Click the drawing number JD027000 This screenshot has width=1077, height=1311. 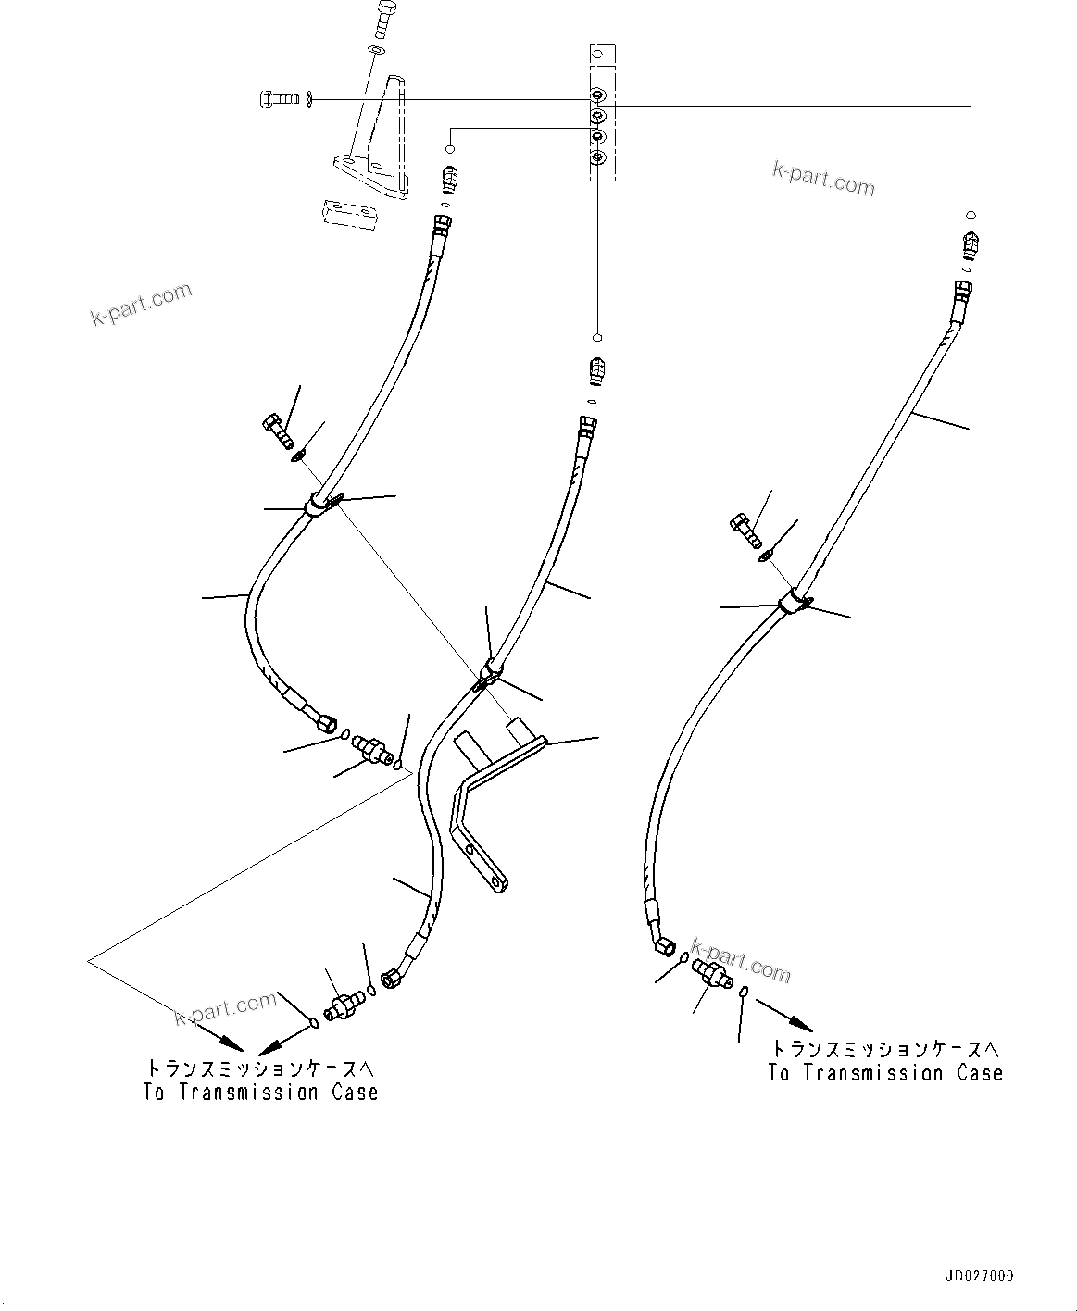(979, 1276)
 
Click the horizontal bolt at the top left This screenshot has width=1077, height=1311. (277, 97)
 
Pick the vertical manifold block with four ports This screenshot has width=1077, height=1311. (599, 111)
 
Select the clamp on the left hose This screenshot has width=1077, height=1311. (319, 505)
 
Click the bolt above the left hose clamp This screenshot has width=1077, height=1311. (276, 431)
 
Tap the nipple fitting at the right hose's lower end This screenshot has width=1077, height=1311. (711, 974)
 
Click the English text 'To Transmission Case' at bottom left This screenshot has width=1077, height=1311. (260, 1092)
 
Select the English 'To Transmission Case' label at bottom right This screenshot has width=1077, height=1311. (885, 1073)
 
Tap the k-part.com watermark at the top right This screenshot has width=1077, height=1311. (823, 178)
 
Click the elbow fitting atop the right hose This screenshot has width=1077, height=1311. (970, 244)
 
